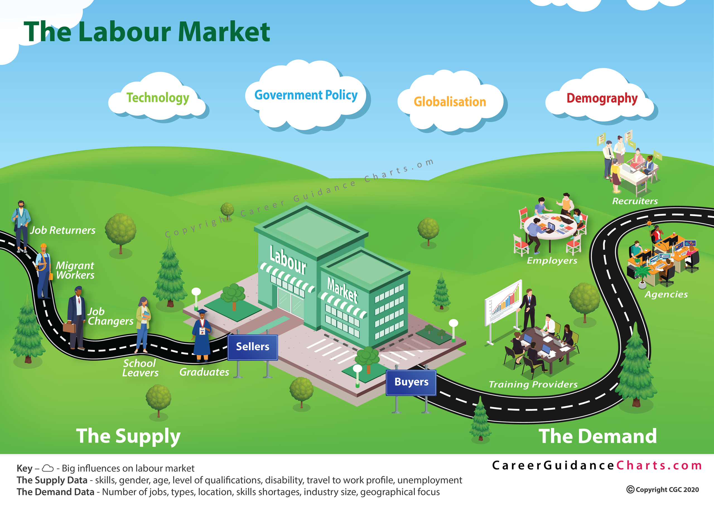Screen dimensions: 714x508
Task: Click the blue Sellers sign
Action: point(252,347)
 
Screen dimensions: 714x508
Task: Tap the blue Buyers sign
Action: point(411,383)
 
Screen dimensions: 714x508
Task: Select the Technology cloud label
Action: point(158,98)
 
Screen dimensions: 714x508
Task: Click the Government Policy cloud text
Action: point(306,95)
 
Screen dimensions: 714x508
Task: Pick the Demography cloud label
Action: point(602,98)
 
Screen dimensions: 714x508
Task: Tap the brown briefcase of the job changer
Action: point(69,327)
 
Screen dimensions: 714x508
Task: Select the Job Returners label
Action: point(62,230)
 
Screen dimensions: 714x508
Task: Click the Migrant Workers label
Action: point(75,270)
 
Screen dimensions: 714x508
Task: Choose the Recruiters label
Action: point(635,201)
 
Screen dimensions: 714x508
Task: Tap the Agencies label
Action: point(666,295)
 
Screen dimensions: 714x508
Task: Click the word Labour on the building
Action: point(288,260)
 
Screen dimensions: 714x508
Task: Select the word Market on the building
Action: point(342,290)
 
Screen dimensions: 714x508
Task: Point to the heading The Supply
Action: point(128,436)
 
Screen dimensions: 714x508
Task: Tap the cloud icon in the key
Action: point(48,468)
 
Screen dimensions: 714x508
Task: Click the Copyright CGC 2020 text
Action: point(663,490)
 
